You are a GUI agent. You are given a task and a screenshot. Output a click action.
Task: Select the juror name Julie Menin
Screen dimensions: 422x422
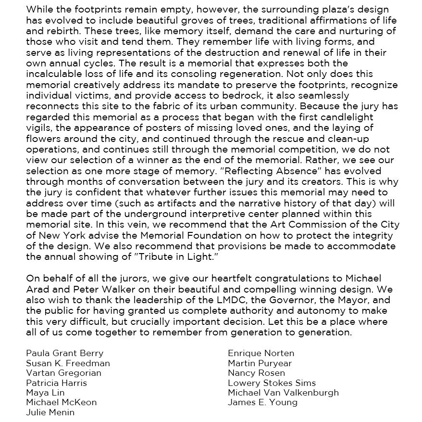tap(50, 412)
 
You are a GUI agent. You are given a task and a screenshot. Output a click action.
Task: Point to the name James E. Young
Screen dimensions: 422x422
tap(262, 402)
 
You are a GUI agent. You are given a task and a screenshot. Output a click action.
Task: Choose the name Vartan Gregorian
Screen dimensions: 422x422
tap(63, 373)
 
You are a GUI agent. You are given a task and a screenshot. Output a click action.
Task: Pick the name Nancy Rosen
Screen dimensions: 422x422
tap(256, 373)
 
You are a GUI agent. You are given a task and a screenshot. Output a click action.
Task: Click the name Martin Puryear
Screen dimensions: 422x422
tap(260, 363)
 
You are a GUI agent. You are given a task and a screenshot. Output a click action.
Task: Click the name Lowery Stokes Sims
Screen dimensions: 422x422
tap(272, 383)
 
